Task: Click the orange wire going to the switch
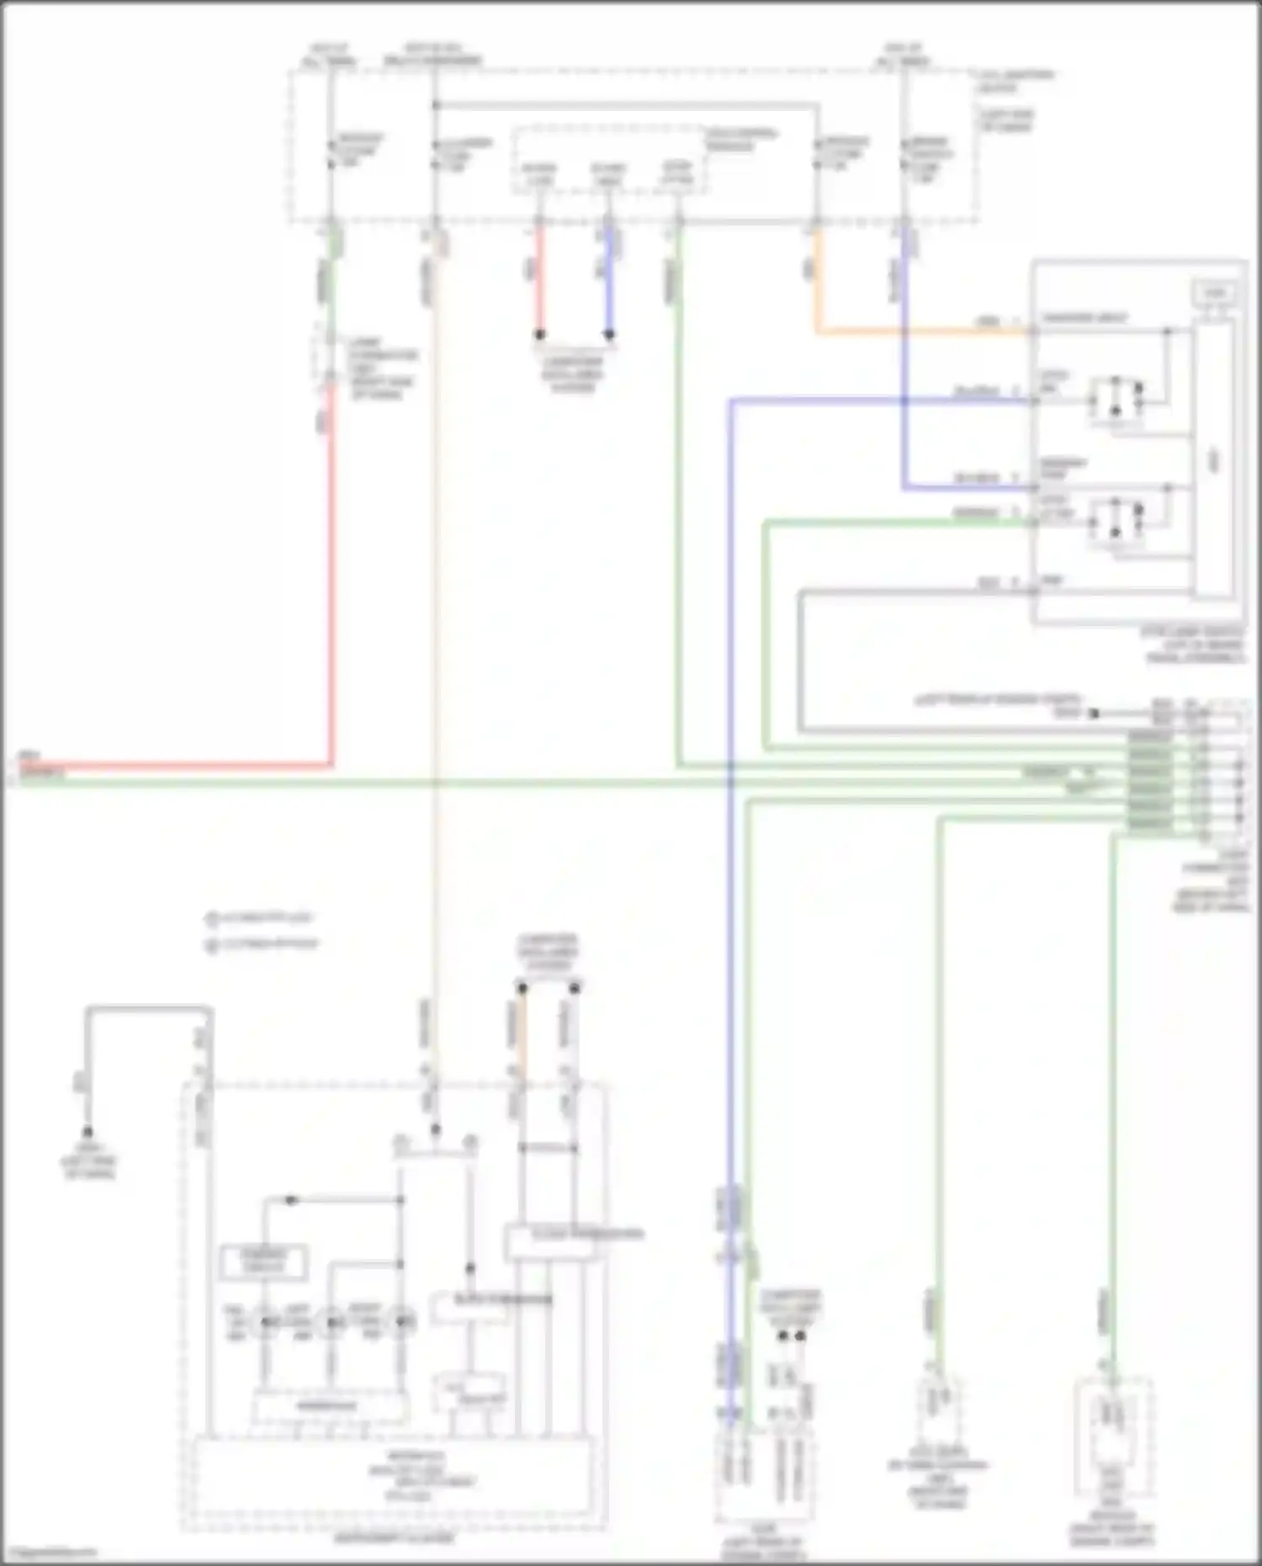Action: point(925,331)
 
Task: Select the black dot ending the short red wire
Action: point(540,334)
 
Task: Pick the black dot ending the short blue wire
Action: point(609,334)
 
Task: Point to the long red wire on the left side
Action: point(331,589)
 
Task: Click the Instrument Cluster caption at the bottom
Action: point(394,1537)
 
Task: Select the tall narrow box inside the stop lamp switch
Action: point(1213,459)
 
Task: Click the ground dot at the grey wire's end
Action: point(87,1133)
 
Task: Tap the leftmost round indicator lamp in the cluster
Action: point(267,1323)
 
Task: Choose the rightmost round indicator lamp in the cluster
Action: point(404,1323)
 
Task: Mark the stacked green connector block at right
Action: point(1149,783)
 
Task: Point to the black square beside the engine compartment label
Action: point(1094,714)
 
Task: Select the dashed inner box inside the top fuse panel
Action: point(609,162)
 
